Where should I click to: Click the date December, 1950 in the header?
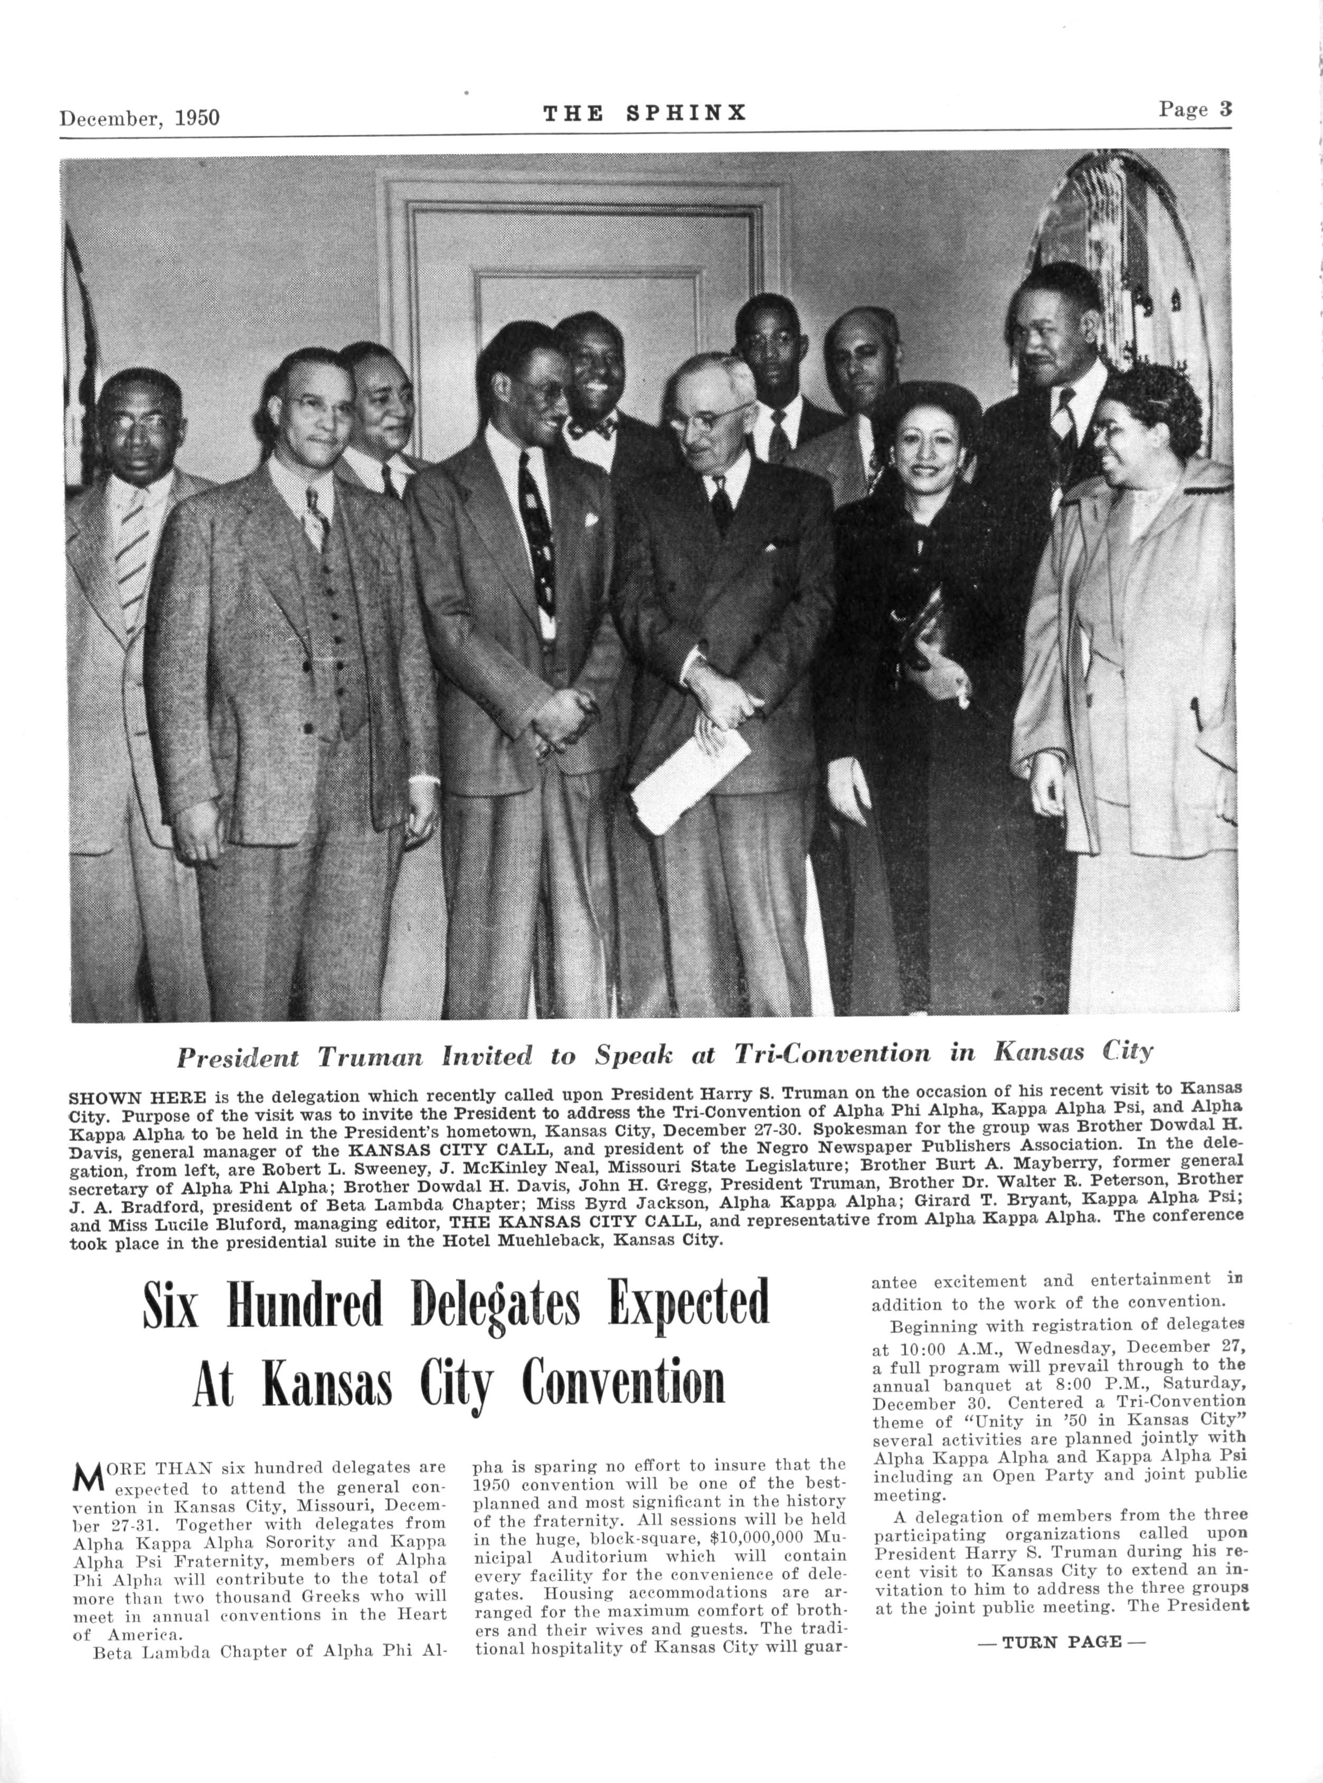[x=139, y=118]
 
